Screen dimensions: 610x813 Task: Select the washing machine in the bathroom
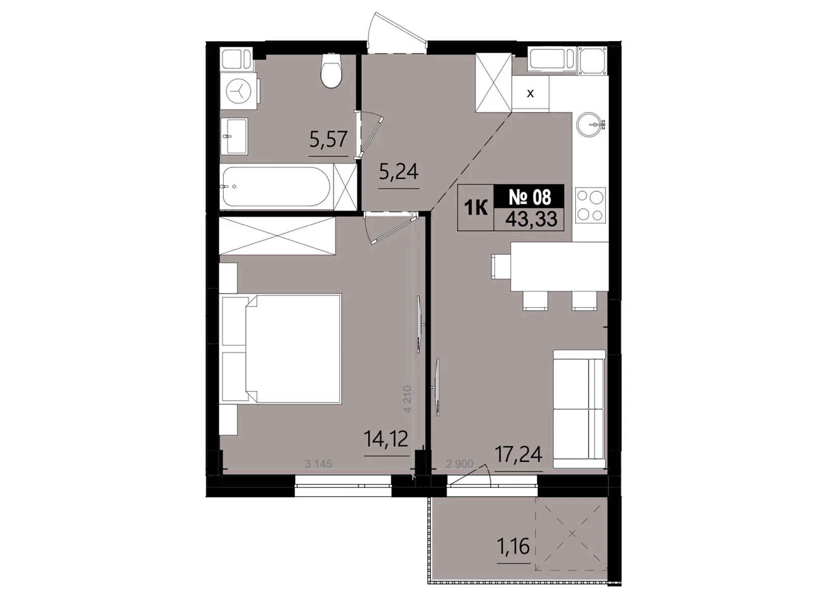click(x=238, y=91)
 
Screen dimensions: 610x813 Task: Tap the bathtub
click(x=278, y=187)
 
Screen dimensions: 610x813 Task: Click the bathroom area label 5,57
click(x=328, y=139)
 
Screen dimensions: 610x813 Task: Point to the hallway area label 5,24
click(x=399, y=172)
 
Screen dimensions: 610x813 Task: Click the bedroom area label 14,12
click(x=386, y=439)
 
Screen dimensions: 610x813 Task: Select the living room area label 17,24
click(x=518, y=454)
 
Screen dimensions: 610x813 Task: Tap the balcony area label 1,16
click(x=513, y=546)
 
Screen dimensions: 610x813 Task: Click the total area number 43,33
click(x=531, y=219)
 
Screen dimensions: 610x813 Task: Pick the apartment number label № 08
click(x=529, y=196)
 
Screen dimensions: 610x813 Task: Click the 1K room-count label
click(x=476, y=208)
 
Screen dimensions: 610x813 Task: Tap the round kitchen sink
click(x=590, y=124)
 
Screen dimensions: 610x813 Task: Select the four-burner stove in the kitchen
click(x=590, y=205)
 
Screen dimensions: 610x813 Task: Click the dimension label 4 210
click(x=407, y=399)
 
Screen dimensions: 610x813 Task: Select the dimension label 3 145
click(x=318, y=464)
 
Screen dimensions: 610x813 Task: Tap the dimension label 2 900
click(x=459, y=464)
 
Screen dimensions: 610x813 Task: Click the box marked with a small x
click(x=530, y=94)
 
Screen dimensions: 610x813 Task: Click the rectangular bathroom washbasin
click(x=235, y=136)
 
